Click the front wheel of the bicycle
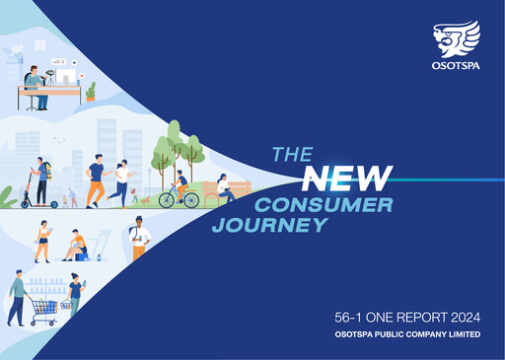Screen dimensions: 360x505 point(190,199)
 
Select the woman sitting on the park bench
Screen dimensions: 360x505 point(225,187)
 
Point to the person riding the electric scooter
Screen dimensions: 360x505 point(41,181)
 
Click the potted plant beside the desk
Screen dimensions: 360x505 point(91,92)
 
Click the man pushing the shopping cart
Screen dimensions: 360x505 point(17,298)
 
